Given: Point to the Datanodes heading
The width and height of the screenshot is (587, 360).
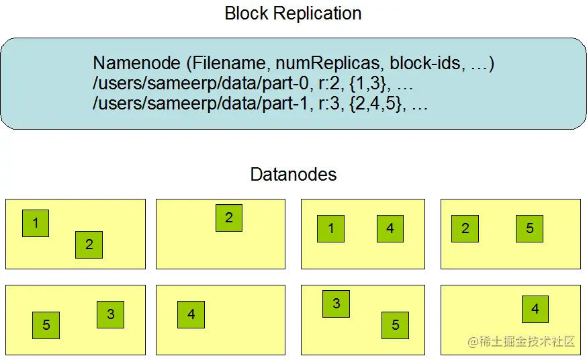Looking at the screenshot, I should (x=293, y=175).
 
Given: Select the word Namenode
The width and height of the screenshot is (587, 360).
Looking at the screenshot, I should (x=136, y=64).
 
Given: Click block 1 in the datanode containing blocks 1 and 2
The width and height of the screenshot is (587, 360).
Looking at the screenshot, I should (x=36, y=223).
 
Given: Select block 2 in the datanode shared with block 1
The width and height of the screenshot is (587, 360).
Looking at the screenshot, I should (x=89, y=244).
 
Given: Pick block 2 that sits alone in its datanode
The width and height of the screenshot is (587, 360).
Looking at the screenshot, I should (x=229, y=218).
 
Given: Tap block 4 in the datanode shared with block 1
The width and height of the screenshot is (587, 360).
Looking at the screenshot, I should (x=390, y=228).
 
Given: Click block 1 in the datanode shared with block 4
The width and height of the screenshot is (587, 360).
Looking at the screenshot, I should (x=331, y=228).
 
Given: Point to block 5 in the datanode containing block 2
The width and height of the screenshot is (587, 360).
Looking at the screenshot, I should (x=529, y=228).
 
